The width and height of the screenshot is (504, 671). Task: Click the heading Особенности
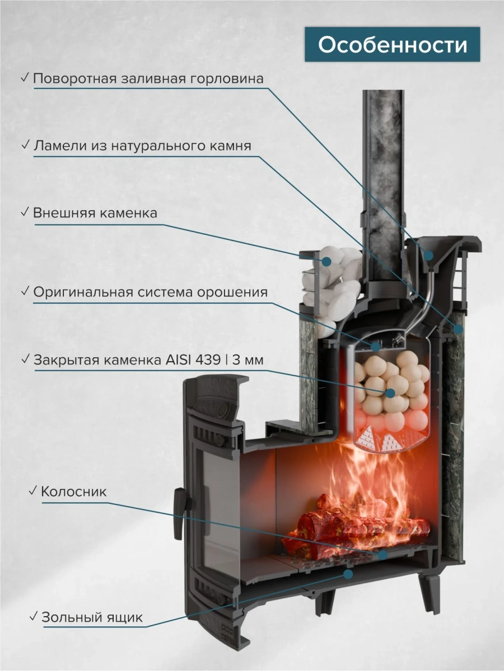pyautogui.click(x=393, y=45)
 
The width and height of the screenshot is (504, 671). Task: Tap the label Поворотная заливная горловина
pyautogui.click(x=148, y=79)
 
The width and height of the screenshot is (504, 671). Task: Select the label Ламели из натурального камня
pyautogui.click(x=142, y=145)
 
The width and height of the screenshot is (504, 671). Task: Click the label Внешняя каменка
pyautogui.click(x=95, y=213)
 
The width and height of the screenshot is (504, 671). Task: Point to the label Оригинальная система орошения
pyautogui.click(x=150, y=292)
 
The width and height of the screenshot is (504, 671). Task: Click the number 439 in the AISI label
pyautogui.click(x=208, y=360)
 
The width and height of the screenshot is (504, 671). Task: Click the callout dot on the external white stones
pyautogui.click(x=326, y=261)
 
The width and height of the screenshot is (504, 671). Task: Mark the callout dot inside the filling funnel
pyautogui.click(x=429, y=255)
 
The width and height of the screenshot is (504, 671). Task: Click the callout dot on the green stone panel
pyautogui.click(x=458, y=329)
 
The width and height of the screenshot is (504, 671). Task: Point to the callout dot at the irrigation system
pyautogui.click(x=375, y=346)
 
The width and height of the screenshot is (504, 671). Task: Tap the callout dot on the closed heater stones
pyautogui.click(x=390, y=393)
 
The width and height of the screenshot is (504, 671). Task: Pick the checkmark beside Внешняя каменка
pyautogui.click(x=25, y=211)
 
